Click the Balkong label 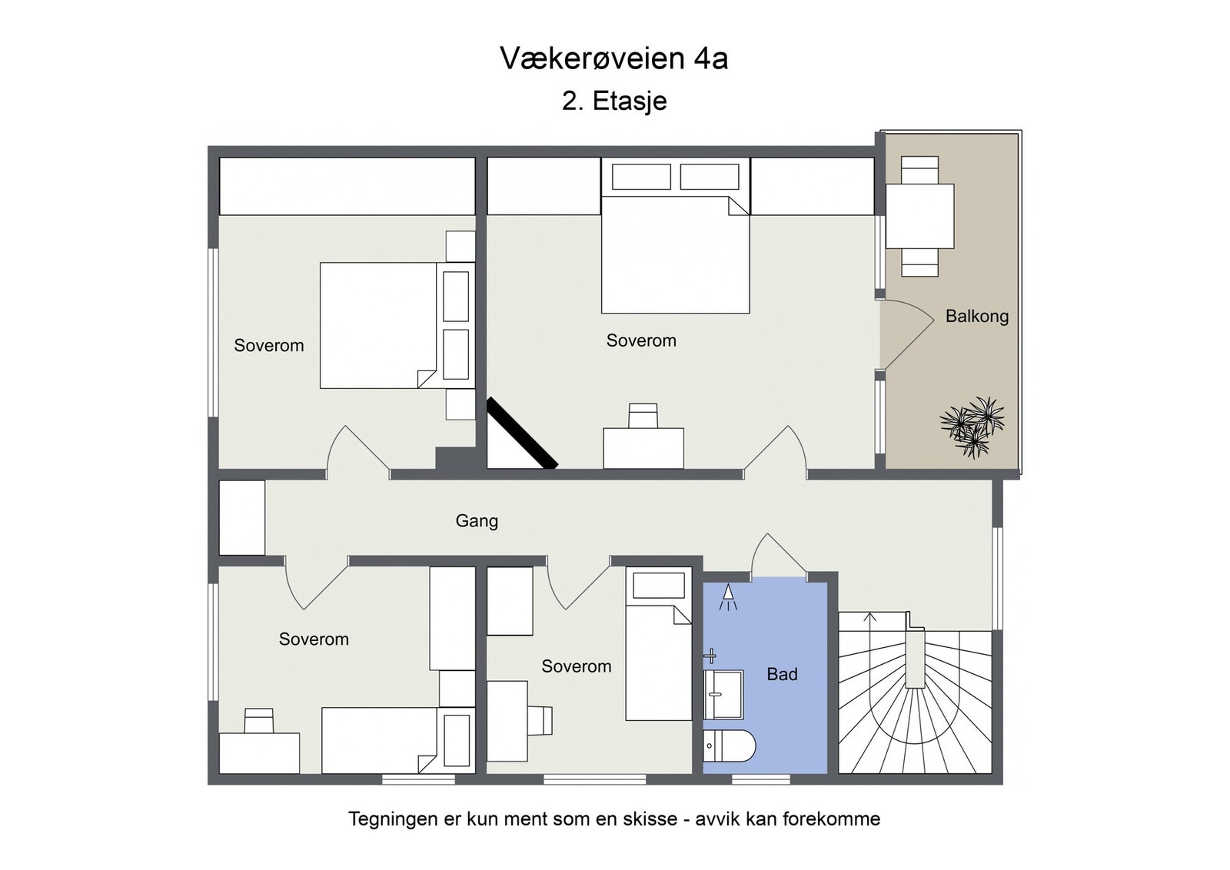[x=977, y=317]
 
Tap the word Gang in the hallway [x=477, y=521]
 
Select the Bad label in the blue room [x=782, y=674]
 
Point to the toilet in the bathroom [x=730, y=745]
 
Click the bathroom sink [x=723, y=694]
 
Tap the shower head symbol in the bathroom [x=728, y=597]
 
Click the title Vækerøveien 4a [x=614, y=58]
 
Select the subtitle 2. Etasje [x=614, y=101]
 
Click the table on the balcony [x=919, y=216]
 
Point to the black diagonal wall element [x=522, y=433]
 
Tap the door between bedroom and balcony [x=906, y=334]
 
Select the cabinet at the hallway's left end [x=242, y=517]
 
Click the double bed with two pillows [x=676, y=235]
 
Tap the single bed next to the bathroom [x=658, y=644]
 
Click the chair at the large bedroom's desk [x=643, y=416]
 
